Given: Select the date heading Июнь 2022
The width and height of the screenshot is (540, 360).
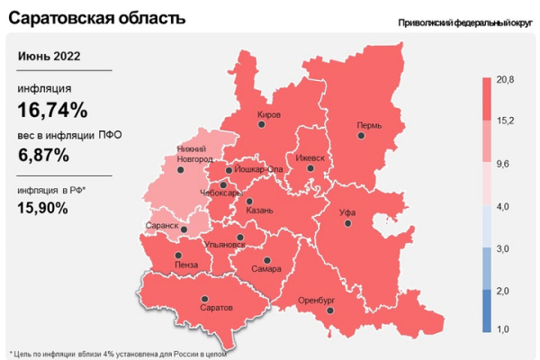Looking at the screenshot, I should tap(49, 56).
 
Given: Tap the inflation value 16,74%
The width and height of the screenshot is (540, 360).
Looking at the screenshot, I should tap(52, 111).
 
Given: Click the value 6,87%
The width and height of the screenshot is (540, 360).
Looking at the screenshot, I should tap(43, 155).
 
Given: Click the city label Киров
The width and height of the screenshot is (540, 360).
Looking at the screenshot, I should tap(269, 115).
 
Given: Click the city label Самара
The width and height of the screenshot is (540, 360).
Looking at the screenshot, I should tap(267, 268).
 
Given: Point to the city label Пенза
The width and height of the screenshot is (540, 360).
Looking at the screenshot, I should tap(186, 265).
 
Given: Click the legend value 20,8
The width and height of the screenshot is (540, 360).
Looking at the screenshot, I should tap(505, 81).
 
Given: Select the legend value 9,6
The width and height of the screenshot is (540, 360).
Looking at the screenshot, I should tap(505, 164).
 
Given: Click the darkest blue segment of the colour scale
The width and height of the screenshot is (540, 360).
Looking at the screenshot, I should tap(486, 310).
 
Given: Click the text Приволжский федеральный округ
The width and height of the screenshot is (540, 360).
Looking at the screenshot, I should tap(463, 22).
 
